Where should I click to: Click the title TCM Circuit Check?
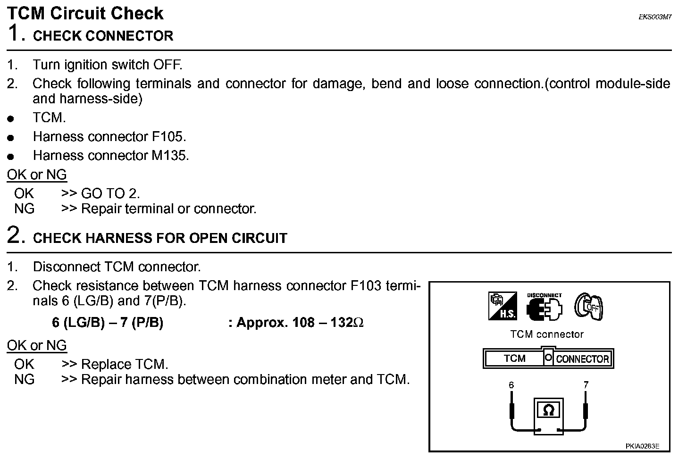(85, 13)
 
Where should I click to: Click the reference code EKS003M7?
(655, 17)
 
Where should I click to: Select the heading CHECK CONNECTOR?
(103, 36)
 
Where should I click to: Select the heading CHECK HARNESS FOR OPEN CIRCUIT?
(160, 238)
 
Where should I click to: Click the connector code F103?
(366, 286)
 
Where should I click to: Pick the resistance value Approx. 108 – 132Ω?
(300, 323)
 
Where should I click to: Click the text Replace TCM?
(125, 365)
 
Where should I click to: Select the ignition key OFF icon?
(589, 307)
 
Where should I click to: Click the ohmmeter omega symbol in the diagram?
(548, 410)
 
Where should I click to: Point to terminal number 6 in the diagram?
(511, 385)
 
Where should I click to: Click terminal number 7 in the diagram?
(586, 385)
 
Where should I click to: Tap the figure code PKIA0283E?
(642, 446)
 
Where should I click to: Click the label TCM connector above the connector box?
(547, 334)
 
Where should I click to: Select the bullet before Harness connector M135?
(11, 157)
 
